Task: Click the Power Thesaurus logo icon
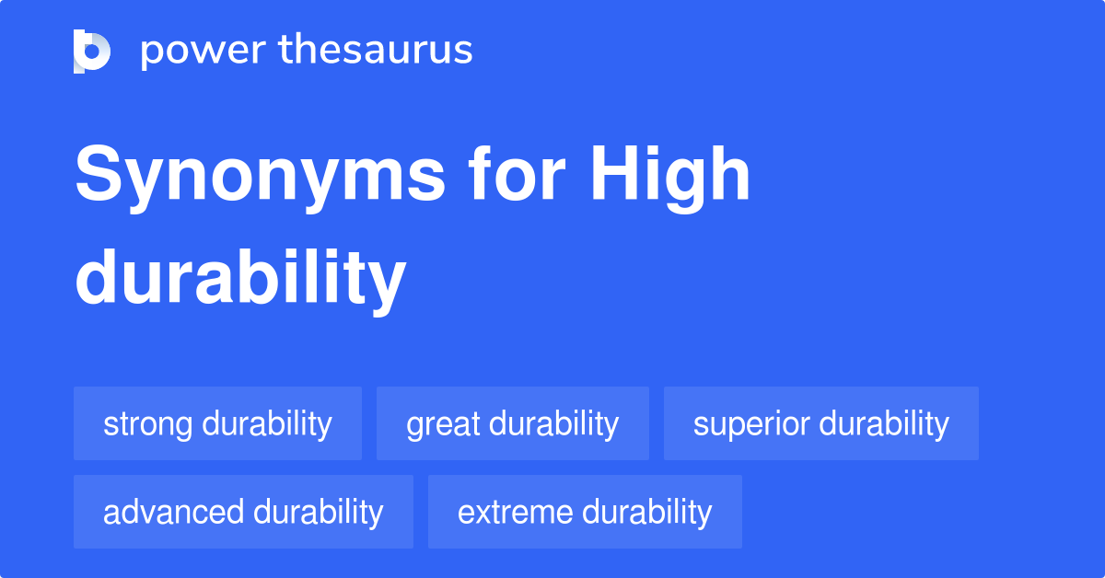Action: (91, 51)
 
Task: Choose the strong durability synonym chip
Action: (217, 424)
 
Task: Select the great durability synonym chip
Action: (512, 424)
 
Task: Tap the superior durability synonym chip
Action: (820, 424)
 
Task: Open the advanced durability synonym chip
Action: (243, 512)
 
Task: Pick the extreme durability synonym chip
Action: (585, 512)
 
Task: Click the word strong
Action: (148, 424)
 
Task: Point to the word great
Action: (441, 424)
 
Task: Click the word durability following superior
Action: (884, 424)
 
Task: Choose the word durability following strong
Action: (267, 424)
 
